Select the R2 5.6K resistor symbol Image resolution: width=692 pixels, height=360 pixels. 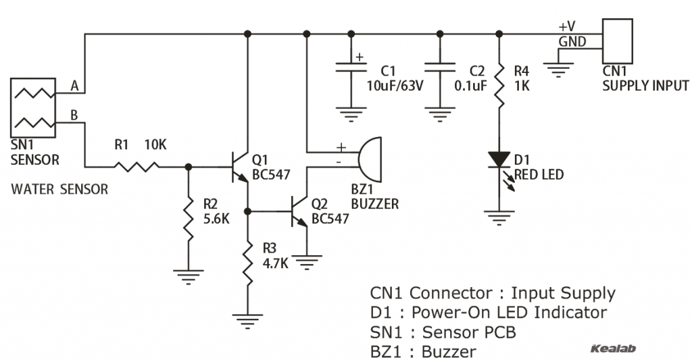click(x=188, y=218)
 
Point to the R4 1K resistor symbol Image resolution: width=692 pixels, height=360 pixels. click(x=499, y=84)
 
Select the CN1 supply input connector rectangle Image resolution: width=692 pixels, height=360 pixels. click(x=617, y=41)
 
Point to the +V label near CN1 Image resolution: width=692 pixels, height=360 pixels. click(x=567, y=26)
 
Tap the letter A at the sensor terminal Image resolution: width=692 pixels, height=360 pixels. click(x=75, y=86)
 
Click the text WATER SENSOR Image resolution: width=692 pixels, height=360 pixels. click(x=59, y=190)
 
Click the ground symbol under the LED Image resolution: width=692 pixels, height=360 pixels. click(x=499, y=217)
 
